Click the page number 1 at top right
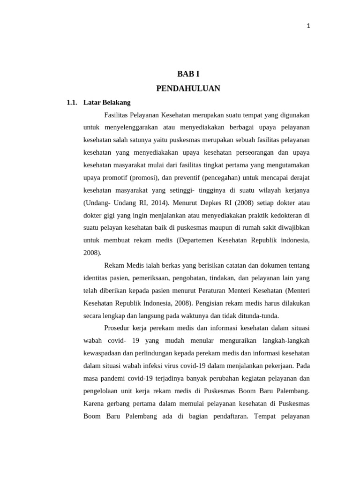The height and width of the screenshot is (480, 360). pos(308,26)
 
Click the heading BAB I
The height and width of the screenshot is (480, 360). pos(188,74)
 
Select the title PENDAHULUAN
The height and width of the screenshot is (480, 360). pos(188,88)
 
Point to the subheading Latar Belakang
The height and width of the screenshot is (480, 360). pos(107,102)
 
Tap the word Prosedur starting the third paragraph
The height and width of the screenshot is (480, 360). pos(118,328)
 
